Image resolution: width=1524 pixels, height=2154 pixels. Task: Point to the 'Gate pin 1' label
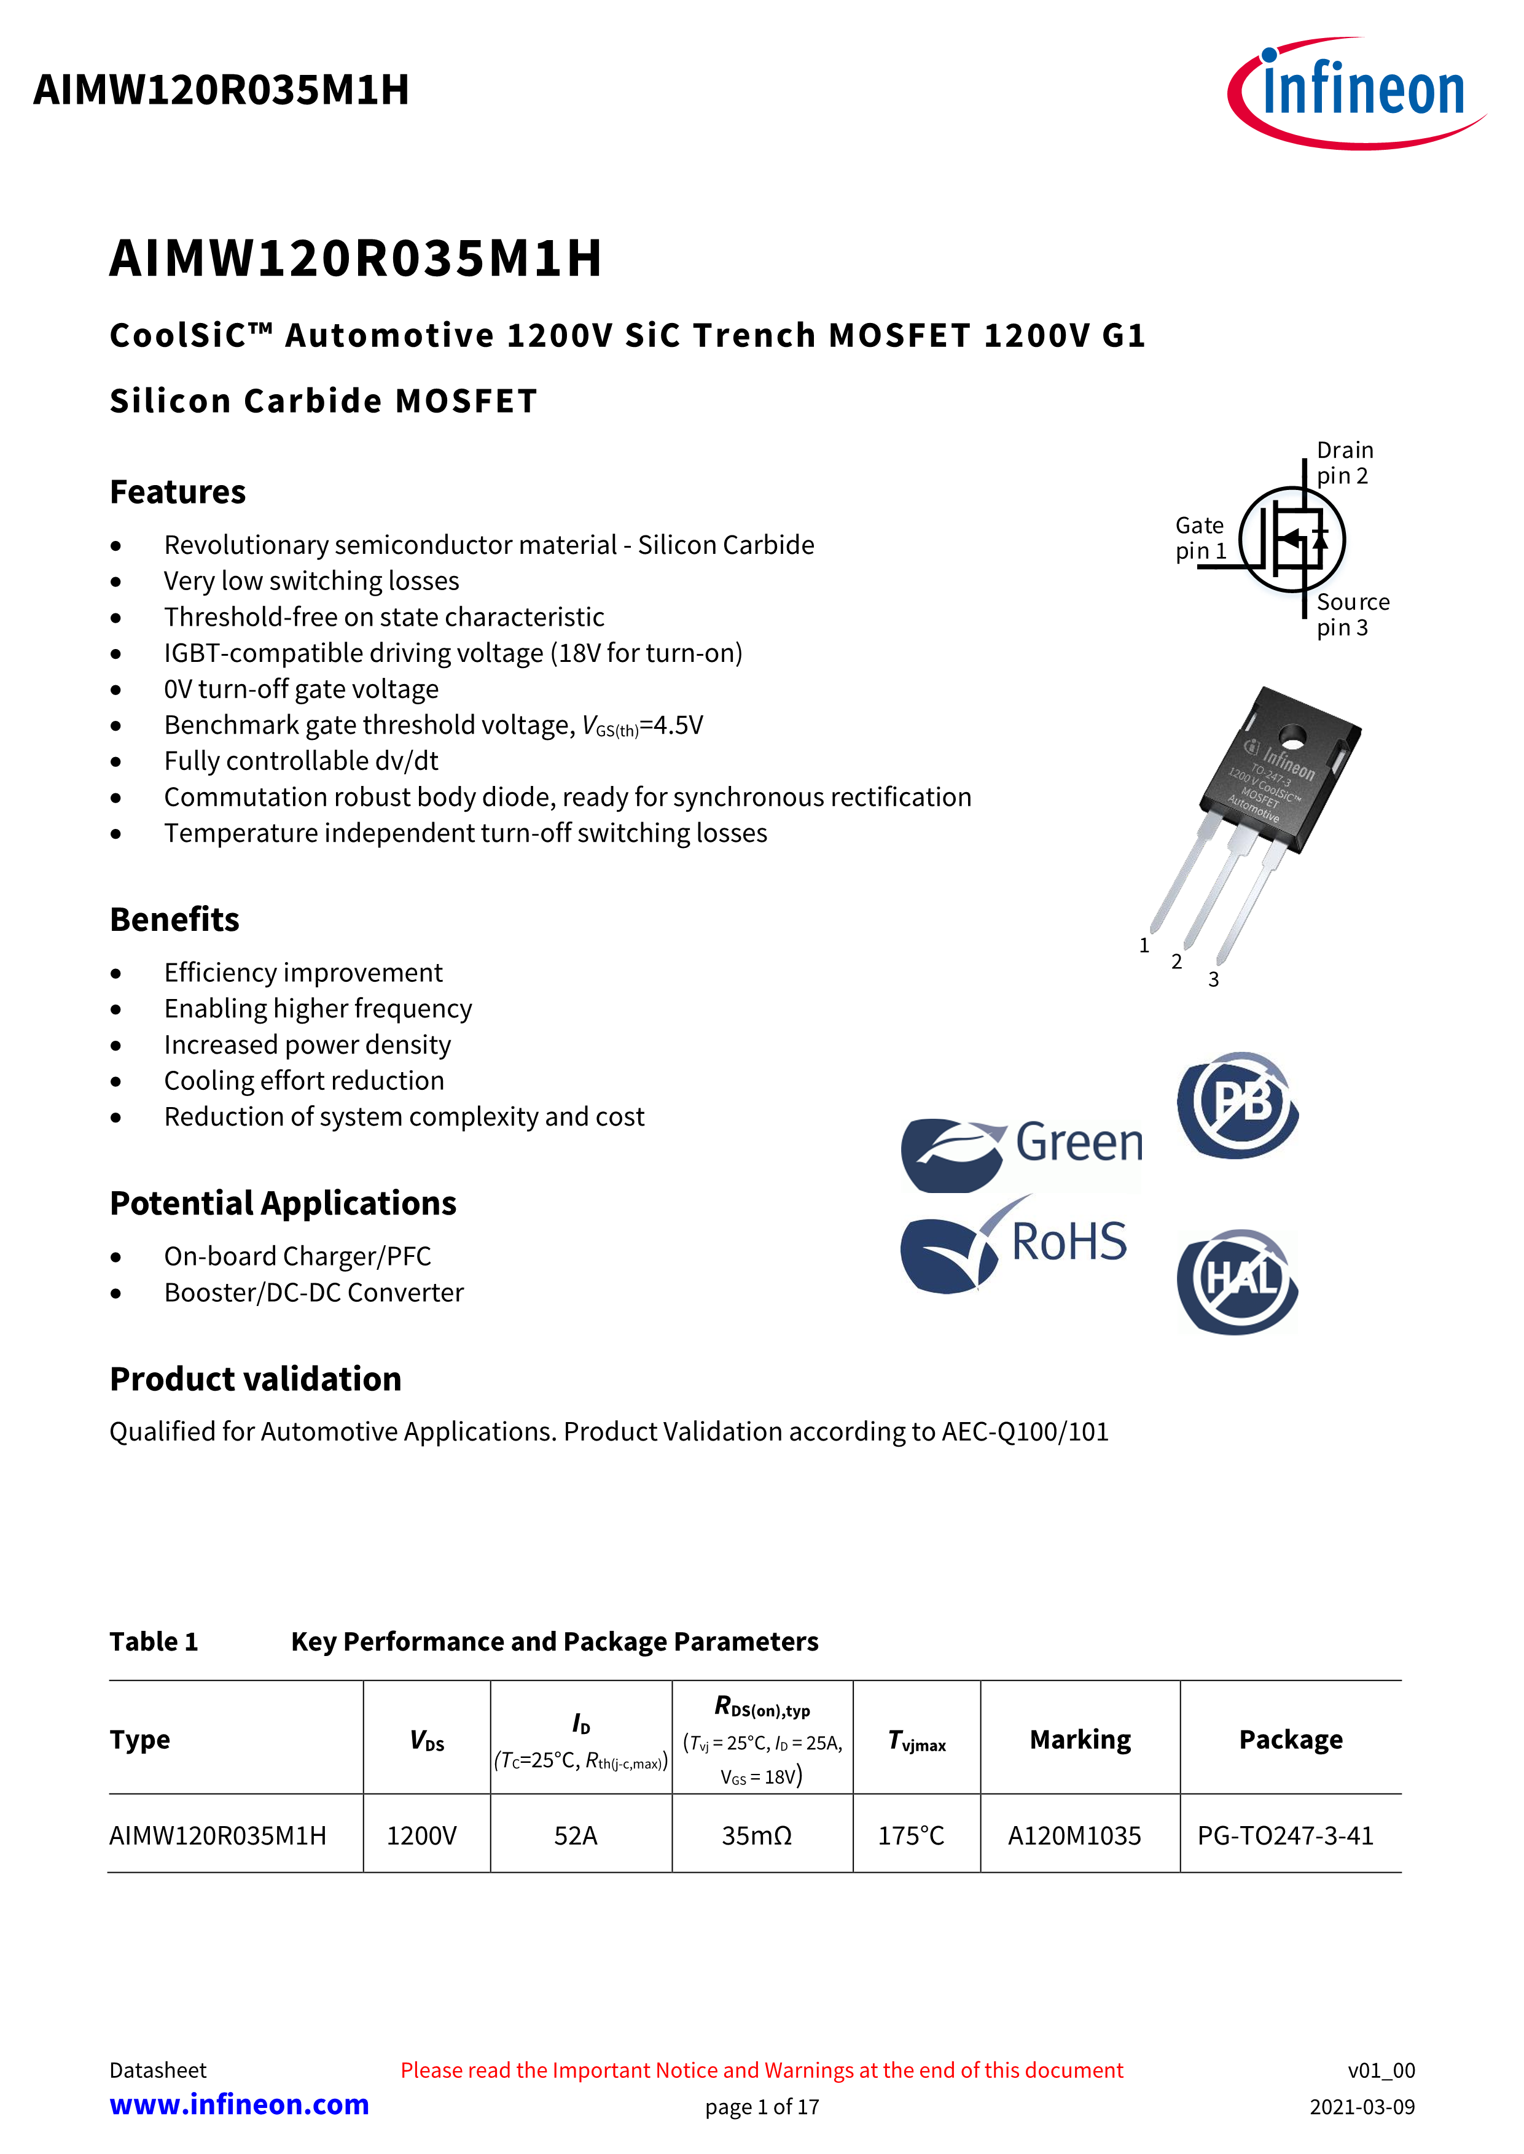coord(1200,537)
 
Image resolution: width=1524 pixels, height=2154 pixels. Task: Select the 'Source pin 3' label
coord(1351,615)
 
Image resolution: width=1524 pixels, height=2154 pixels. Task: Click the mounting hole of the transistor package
coord(1292,736)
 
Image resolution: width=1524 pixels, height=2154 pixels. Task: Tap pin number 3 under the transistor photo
coord(1213,979)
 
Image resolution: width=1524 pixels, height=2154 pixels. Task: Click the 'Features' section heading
coord(178,492)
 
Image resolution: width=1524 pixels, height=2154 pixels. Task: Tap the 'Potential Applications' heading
coord(283,1203)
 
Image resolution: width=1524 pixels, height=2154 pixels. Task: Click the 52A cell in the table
coord(575,1836)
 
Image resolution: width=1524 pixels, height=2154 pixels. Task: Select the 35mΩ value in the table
coord(756,1836)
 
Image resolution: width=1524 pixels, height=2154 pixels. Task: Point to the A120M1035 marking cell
coord(1074,1836)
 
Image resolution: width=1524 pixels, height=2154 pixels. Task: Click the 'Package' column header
coord(1291,1740)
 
